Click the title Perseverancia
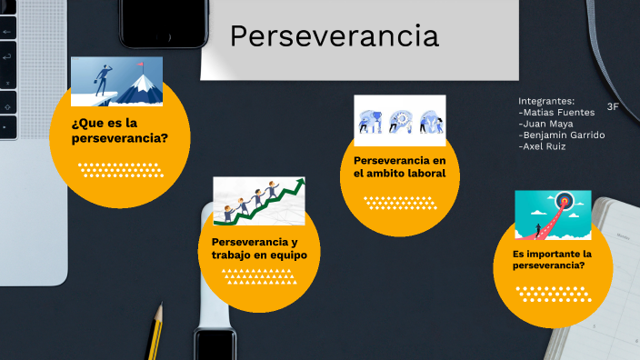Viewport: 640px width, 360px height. [334, 36]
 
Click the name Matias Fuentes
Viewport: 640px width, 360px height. [555, 112]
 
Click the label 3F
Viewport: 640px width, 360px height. [613, 106]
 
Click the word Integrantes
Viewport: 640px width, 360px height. [546, 100]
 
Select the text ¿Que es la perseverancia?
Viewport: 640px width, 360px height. [119, 130]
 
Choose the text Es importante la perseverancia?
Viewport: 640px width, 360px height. [553, 260]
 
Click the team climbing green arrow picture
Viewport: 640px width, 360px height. [259, 201]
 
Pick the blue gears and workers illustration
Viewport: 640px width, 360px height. [400, 119]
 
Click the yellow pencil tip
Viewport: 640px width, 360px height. [158, 313]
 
